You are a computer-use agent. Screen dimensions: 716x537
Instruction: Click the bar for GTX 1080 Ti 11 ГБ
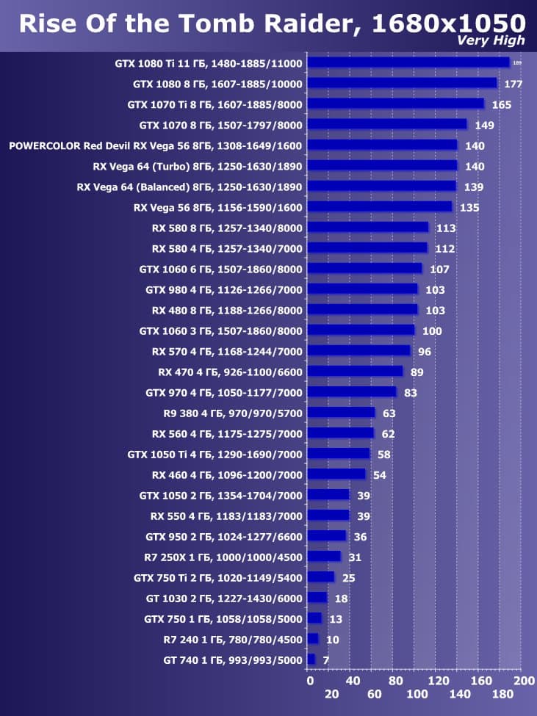(408, 63)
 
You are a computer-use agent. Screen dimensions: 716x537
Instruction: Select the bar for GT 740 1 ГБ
(311, 659)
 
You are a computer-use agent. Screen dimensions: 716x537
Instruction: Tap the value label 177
(513, 84)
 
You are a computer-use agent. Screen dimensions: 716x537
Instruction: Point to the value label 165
(502, 105)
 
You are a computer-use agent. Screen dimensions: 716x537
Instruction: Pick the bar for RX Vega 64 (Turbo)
(382, 166)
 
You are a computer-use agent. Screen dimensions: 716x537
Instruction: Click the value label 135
(469, 208)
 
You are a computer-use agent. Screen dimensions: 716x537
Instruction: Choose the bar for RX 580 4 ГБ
(367, 248)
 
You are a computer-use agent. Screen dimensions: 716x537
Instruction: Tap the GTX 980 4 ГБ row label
(223, 290)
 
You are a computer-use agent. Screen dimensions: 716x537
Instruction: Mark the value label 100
(432, 331)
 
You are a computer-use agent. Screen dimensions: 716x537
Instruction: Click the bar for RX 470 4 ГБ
(356, 372)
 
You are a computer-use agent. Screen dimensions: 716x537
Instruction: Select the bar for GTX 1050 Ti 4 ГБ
(339, 454)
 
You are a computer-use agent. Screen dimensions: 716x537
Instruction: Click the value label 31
(355, 557)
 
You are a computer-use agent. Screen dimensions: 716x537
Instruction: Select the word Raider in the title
(319, 23)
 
